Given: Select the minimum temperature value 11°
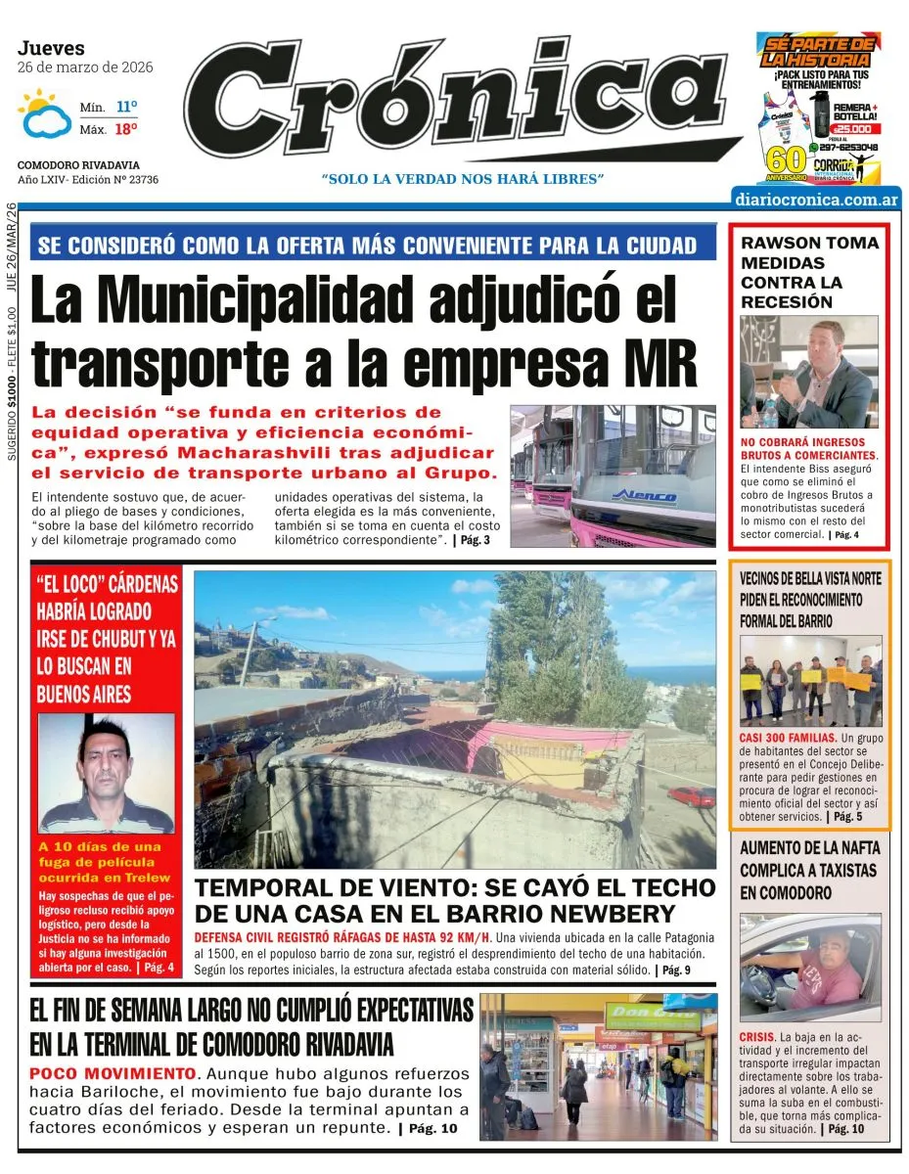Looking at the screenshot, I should [127, 106].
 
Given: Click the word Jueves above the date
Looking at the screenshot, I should [51, 48].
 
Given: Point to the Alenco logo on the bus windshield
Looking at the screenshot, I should [644, 495].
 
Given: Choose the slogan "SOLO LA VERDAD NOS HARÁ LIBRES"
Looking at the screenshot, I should [463, 179].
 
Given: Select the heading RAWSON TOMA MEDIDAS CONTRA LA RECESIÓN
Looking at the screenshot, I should [809, 272].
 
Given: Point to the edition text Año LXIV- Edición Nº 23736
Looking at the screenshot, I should [88, 180].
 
